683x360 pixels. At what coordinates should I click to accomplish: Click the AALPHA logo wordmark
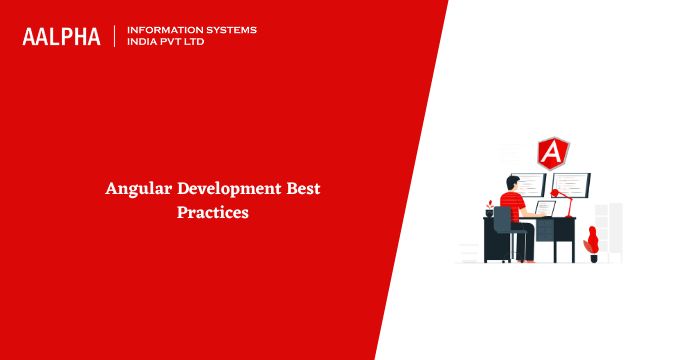point(61,37)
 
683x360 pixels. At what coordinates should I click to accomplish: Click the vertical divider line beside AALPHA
point(115,36)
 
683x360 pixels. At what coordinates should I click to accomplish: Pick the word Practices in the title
point(213,212)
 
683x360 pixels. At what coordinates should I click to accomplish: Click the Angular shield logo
point(553,153)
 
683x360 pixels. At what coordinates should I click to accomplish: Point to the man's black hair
point(512,181)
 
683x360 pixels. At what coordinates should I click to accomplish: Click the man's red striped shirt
point(512,207)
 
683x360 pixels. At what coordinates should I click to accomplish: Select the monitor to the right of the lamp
point(571,185)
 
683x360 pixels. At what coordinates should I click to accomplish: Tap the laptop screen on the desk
point(545,208)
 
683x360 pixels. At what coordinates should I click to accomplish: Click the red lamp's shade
point(555,193)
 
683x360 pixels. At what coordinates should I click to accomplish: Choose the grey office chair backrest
point(502,218)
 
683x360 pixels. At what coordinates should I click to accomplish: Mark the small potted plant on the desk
point(490,208)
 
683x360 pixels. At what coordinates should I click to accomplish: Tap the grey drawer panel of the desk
point(544,230)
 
